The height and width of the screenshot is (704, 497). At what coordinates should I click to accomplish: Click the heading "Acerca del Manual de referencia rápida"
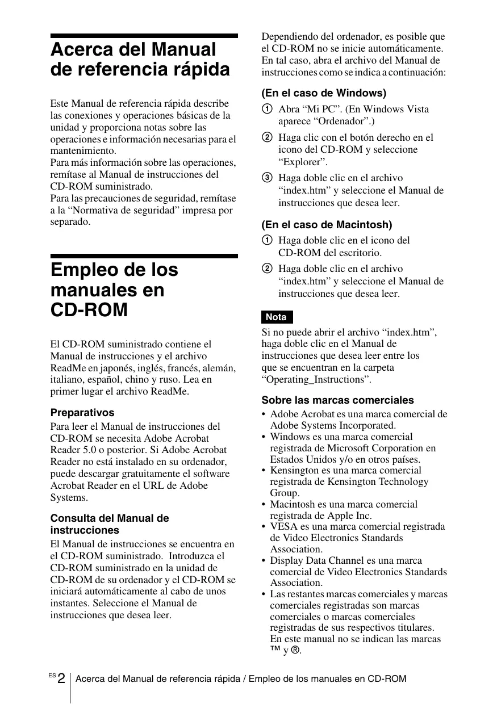(140, 60)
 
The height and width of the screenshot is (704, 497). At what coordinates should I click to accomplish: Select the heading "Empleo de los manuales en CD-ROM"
(114, 290)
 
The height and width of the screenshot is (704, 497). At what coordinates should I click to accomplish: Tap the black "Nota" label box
(277, 317)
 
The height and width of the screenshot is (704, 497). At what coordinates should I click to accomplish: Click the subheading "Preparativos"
(82, 413)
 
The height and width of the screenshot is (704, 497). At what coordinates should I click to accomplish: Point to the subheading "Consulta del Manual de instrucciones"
(110, 524)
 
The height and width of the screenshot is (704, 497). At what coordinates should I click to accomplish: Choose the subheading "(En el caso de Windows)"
(324, 93)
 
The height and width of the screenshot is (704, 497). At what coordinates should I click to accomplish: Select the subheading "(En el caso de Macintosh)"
(327, 225)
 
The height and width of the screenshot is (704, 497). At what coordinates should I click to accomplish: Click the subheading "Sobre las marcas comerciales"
(337, 400)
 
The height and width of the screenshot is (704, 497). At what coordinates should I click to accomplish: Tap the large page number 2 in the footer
(61, 679)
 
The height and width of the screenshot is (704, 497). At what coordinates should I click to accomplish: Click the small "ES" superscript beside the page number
(52, 675)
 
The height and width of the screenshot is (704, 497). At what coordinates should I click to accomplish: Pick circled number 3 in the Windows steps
(266, 178)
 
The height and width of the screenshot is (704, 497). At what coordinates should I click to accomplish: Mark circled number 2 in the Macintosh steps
(266, 269)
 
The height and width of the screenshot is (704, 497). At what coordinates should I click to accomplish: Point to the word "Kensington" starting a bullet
(294, 471)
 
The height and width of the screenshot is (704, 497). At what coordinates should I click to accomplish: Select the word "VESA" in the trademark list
(284, 527)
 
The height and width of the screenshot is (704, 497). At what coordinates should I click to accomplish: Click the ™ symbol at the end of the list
(275, 649)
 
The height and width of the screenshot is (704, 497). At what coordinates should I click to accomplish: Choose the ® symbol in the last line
(295, 650)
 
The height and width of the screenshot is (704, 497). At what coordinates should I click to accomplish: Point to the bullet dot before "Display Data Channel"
(264, 561)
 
